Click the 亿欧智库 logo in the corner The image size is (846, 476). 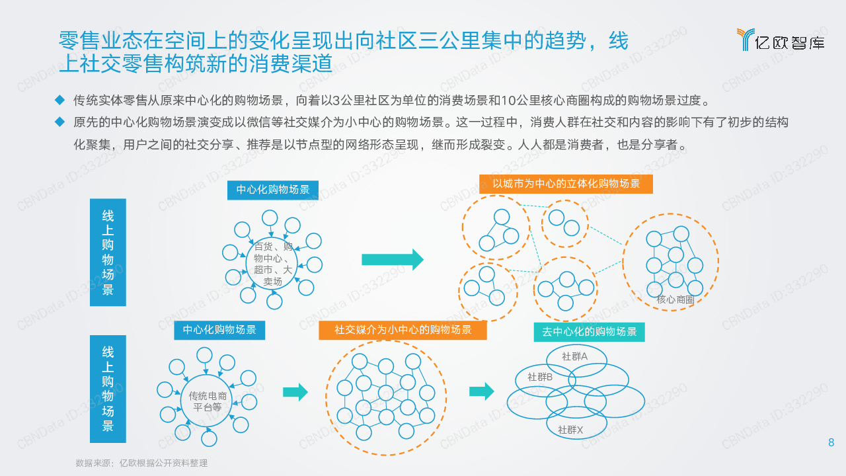click(x=780, y=40)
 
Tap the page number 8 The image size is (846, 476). click(x=831, y=443)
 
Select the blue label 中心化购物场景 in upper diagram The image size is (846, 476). click(x=273, y=190)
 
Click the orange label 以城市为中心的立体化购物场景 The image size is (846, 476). click(x=566, y=184)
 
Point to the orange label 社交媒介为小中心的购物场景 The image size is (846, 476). click(x=403, y=330)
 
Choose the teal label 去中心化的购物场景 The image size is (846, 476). click(x=589, y=332)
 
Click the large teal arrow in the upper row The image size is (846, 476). click(x=392, y=260)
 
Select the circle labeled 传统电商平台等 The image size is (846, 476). click(x=208, y=401)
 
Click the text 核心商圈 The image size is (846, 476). click(x=675, y=299)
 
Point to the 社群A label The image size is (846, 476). click(x=574, y=356)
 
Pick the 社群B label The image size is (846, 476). click(x=540, y=377)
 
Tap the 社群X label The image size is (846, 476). click(x=570, y=430)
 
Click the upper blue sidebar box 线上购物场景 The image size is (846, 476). click(x=108, y=253)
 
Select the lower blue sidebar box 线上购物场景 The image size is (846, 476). click(x=108, y=389)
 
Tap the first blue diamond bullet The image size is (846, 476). click(x=60, y=100)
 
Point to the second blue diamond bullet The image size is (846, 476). click(x=60, y=122)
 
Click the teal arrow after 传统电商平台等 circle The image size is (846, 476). click(x=295, y=392)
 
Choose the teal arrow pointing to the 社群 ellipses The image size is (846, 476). click(x=481, y=391)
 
